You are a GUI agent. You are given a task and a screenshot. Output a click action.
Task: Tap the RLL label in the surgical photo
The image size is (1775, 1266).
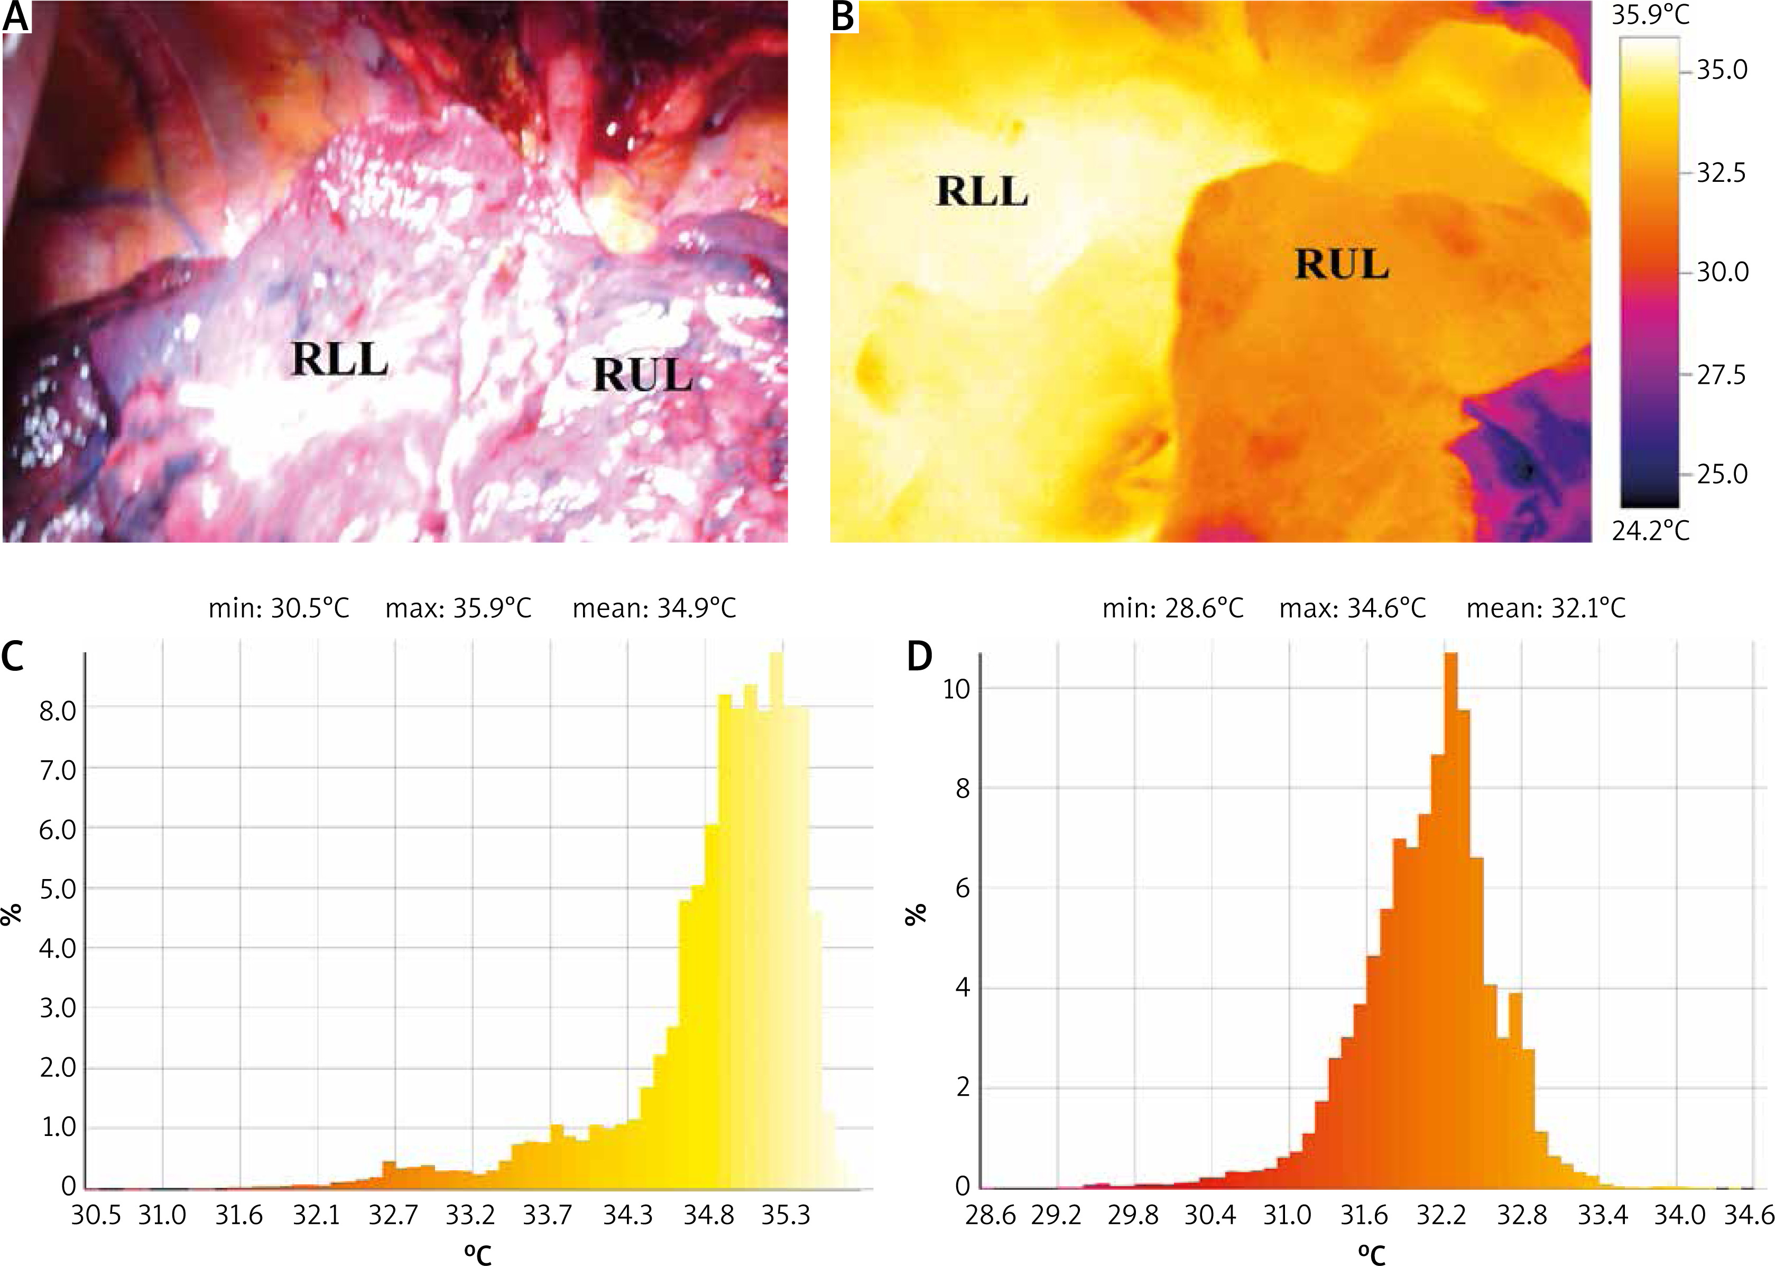click(340, 359)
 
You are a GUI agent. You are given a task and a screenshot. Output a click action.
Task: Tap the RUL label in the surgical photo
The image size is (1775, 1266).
click(642, 376)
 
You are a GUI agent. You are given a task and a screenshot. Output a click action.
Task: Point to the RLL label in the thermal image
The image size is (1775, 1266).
click(982, 192)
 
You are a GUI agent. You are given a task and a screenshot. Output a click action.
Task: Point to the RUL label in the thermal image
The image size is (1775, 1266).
click(1342, 264)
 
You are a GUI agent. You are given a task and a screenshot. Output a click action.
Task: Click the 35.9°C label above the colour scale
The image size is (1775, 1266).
click(1650, 15)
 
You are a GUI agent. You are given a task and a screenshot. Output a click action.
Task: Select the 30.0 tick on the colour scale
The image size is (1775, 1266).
click(1722, 272)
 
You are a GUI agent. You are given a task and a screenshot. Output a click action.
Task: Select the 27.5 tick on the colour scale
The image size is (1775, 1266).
click(1722, 375)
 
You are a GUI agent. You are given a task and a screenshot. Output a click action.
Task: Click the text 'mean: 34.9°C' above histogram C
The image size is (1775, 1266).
click(654, 608)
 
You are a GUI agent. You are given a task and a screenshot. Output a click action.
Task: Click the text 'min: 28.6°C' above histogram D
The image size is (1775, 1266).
click(1172, 608)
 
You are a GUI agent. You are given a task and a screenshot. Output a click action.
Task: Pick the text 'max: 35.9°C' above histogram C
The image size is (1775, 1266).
click(458, 608)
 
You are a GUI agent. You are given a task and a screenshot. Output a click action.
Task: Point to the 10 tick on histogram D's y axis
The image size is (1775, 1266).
click(957, 689)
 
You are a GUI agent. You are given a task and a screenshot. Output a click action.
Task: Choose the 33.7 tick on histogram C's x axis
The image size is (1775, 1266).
click(547, 1215)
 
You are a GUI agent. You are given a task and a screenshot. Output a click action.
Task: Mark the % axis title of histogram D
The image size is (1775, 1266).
click(916, 913)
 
